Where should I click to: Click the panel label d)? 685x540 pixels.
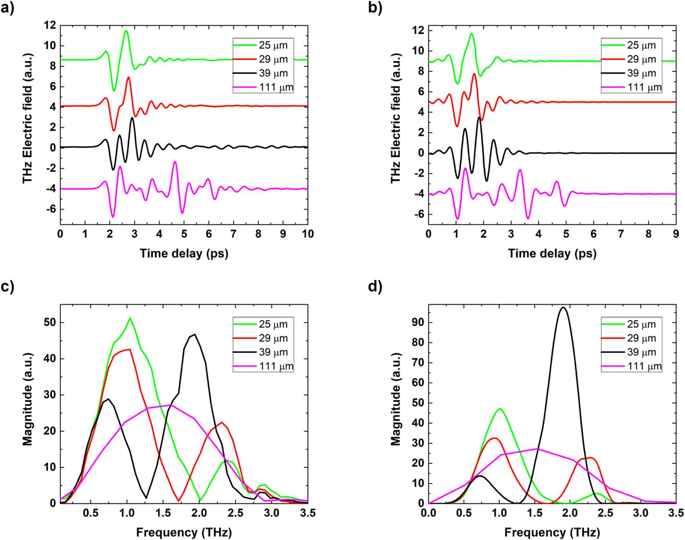pyautogui.click(x=375, y=286)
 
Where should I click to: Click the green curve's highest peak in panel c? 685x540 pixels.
pyautogui.click(x=130, y=318)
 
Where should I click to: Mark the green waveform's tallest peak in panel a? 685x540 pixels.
pyautogui.click(x=126, y=31)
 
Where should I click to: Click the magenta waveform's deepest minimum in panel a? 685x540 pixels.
pyautogui.click(x=113, y=217)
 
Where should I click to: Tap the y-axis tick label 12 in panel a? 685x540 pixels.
pyautogui.click(x=49, y=25)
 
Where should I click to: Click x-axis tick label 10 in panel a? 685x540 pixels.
pyautogui.click(x=307, y=234)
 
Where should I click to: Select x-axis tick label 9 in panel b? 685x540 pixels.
pyautogui.click(x=675, y=234)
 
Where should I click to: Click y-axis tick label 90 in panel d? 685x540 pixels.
pyautogui.click(x=418, y=322)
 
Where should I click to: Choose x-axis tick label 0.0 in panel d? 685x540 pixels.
pyautogui.click(x=429, y=513)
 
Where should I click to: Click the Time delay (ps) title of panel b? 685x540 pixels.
pyautogui.click(x=552, y=253)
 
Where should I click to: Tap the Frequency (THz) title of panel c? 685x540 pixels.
pyautogui.click(x=184, y=532)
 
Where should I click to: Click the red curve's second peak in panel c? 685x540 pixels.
pyautogui.click(x=222, y=422)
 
